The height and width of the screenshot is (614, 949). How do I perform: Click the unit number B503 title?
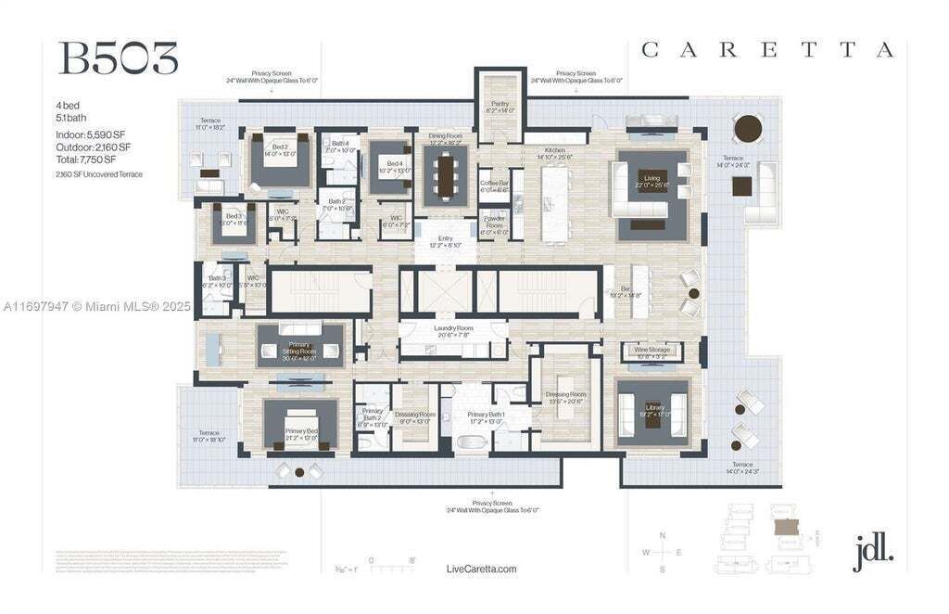pos(118,58)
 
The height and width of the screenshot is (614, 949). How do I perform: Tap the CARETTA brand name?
pos(768,50)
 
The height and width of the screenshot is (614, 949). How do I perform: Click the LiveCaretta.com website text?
pos(481,569)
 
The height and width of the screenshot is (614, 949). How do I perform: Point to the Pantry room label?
pos(500,108)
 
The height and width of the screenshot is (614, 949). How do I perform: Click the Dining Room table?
pos(447,175)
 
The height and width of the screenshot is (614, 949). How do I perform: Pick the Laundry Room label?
pos(453,330)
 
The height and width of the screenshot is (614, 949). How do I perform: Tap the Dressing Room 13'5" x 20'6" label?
pos(566,397)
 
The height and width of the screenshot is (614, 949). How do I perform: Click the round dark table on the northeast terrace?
pos(747,127)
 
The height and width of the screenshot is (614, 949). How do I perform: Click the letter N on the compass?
pos(662,536)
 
